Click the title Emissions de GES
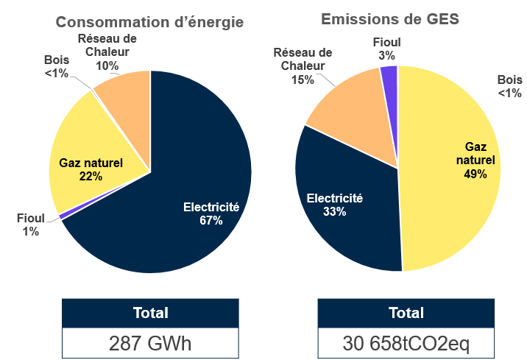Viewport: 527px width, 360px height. (x=390, y=20)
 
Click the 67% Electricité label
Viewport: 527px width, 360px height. (x=211, y=214)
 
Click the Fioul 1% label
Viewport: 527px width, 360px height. (x=31, y=225)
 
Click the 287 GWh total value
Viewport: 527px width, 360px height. (x=150, y=343)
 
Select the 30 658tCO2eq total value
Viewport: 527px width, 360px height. (x=406, y=343)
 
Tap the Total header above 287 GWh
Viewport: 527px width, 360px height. (x=150, y=313)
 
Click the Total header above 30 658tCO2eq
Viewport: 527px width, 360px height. (x=406, y=313)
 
